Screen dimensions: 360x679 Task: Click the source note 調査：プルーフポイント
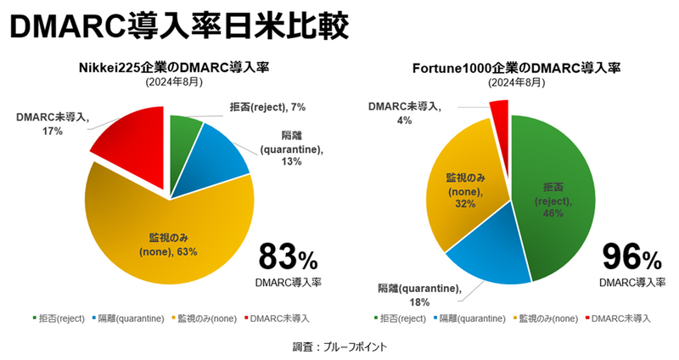click(339, 347)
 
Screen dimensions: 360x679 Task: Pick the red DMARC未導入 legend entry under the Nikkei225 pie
click(279, 318)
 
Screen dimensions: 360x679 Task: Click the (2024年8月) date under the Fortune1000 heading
click(515, 83)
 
